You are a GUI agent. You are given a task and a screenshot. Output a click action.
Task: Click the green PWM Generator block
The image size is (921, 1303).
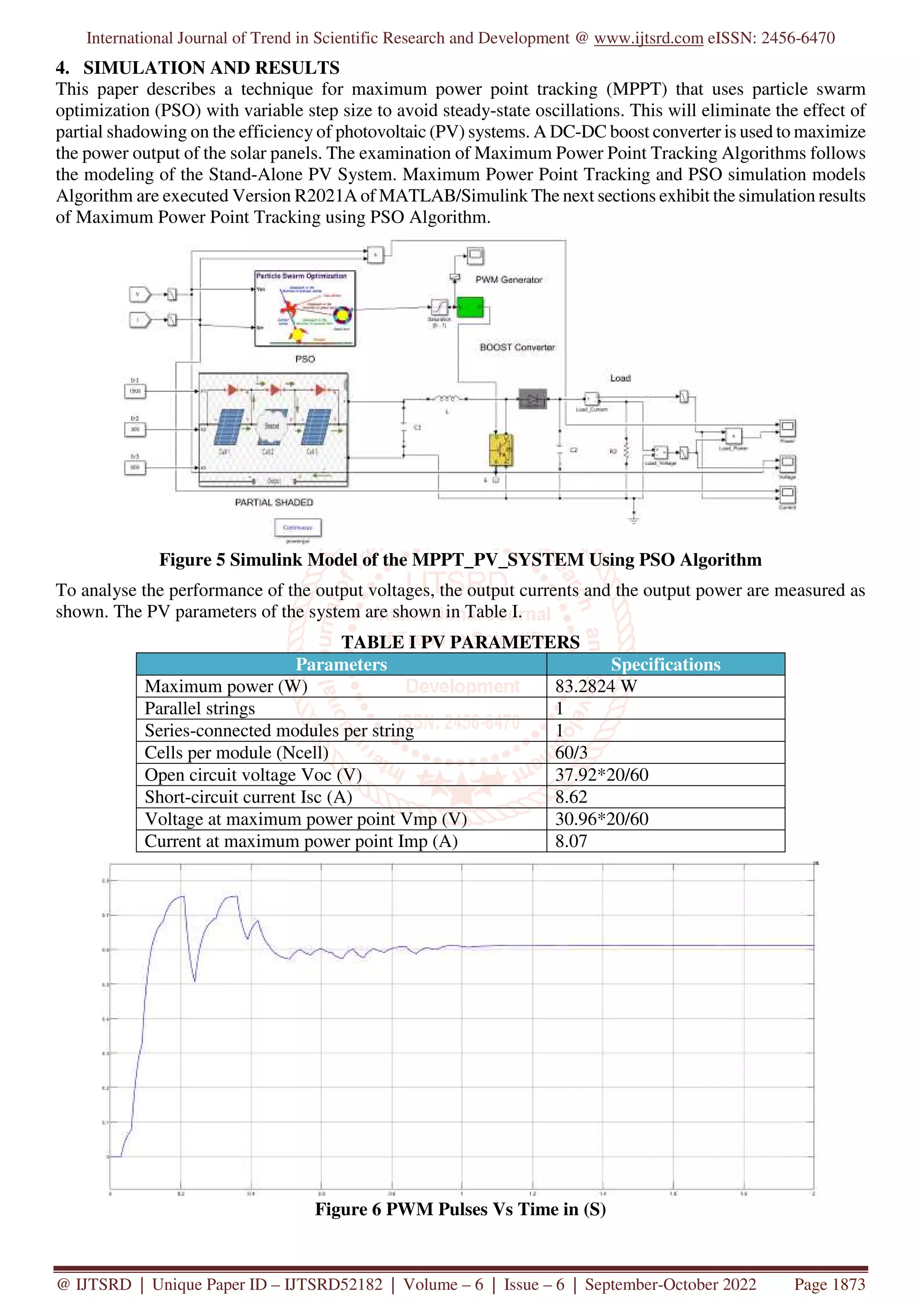click(x=470, y=308)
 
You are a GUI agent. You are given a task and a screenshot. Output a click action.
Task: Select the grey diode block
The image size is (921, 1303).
click(x=532, y=399)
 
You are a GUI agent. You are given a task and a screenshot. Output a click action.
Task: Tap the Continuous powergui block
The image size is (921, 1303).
click(x=297, y=527)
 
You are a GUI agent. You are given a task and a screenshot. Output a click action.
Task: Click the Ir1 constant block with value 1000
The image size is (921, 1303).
click(x=135, y=391)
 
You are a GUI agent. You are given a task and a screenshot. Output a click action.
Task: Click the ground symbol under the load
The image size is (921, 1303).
click(x=634, y=517)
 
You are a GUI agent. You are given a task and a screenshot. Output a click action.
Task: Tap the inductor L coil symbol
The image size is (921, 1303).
click(x=447, y=399)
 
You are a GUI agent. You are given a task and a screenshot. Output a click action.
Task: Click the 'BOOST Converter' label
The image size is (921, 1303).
click(x=517, y=347)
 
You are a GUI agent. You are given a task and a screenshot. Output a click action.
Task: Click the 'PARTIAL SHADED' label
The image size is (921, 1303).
click(x=274, y=502)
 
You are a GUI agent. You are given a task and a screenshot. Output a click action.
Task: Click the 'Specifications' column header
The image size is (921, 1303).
click(x=665, y=664)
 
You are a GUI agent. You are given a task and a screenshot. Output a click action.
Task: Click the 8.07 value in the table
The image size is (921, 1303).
click(x=571, y=841)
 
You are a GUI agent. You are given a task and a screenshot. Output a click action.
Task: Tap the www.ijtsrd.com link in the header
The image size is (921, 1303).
click(x=648, y=38)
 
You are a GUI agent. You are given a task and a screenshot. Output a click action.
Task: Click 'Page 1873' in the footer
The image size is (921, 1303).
click(x=829, y=1284)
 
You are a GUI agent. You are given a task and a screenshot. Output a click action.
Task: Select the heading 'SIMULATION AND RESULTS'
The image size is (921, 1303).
click(x=211, y=67)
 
